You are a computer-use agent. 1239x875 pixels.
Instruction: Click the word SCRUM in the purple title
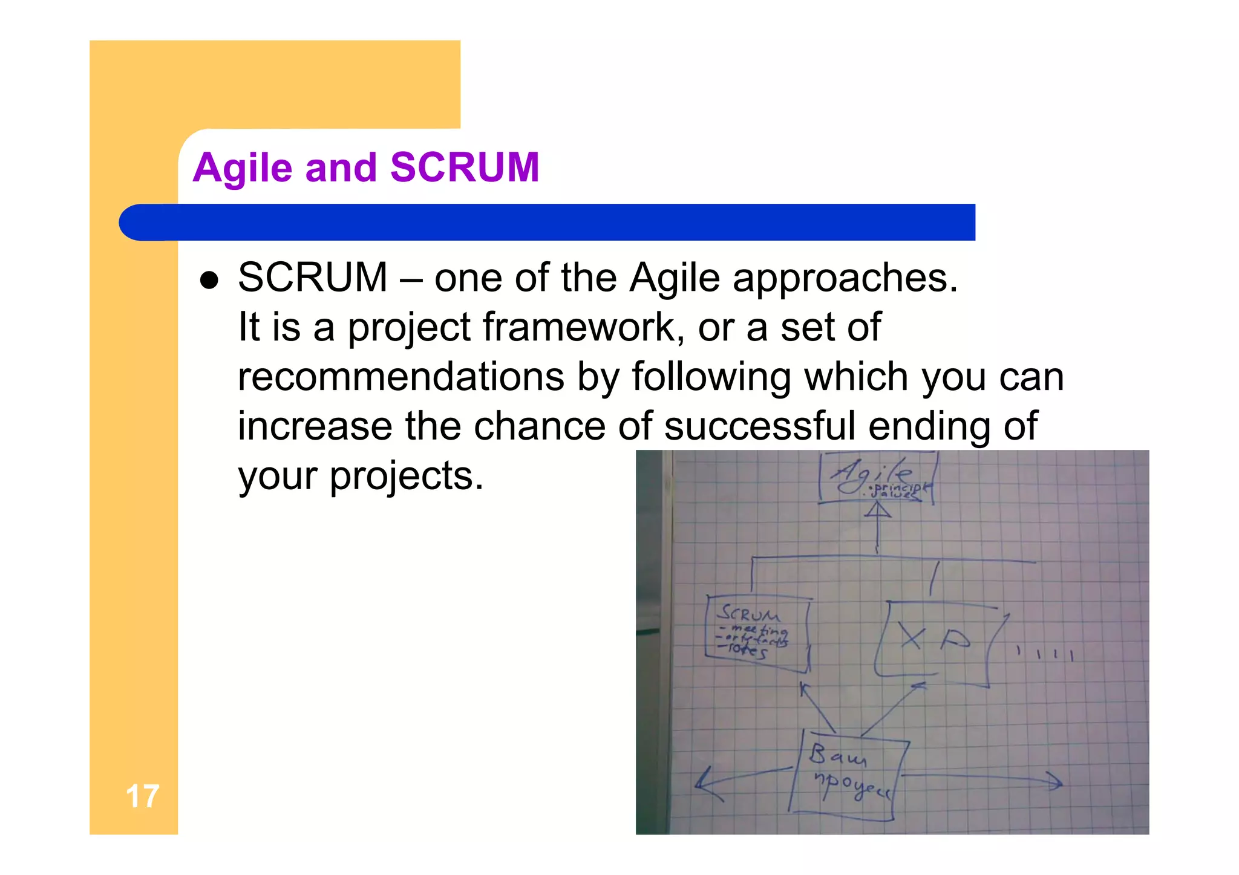pos(465,168)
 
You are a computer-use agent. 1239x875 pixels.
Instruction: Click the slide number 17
pos(142,796)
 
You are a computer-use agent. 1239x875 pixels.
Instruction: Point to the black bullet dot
pos(209,281)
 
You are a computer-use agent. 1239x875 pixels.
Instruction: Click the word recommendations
pos(400,377)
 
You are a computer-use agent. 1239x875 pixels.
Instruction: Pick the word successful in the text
pos(760,426)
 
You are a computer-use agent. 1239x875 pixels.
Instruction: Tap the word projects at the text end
pos(407,476)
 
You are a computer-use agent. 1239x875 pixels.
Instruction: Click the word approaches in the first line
pos(845,278)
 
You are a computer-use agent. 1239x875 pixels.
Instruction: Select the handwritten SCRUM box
pos(757,634)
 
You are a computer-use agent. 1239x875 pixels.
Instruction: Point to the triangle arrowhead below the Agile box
pos(878,510)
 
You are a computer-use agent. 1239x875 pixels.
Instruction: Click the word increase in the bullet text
pos(315,426)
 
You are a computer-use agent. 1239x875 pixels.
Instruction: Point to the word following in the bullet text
pos(711,377)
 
